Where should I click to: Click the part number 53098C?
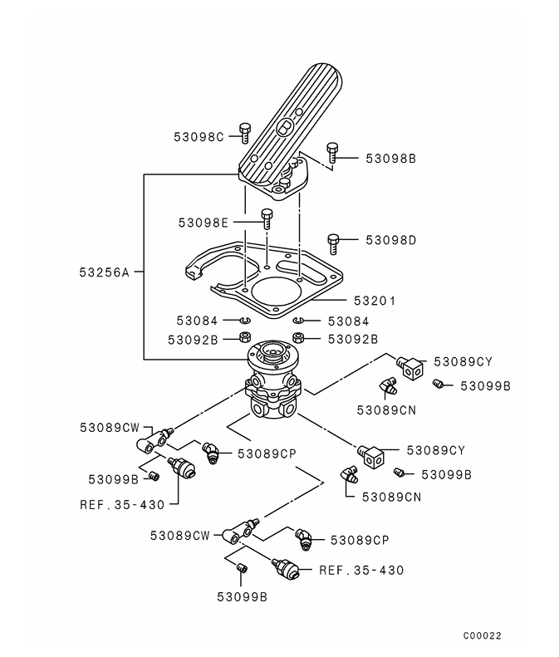(199, 137)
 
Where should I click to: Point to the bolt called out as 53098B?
(332, 152)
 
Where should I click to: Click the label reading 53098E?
(203, 223)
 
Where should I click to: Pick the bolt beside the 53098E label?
(267, 218)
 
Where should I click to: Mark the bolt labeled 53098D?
(333, 242)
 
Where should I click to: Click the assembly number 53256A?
(105, 272)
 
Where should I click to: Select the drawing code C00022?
(483, 636)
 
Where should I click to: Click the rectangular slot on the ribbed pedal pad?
(285, 127)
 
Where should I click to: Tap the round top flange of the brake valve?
(273, 355)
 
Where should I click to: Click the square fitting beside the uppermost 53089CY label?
(411, 366)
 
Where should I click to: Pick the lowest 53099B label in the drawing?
(242, 596)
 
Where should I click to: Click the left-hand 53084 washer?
(245, 321)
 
